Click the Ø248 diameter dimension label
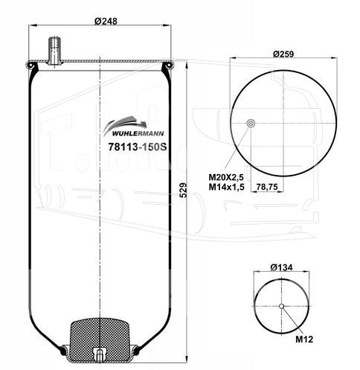tap(106, 22)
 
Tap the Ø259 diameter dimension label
tap(283, 54)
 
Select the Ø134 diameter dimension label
tap(282, 267)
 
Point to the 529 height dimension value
tap(183, 190)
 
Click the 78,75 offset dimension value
tap(267, 187)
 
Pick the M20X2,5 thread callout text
tap(226, 177)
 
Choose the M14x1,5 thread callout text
tap(226, 187)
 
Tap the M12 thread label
tap(304, 339)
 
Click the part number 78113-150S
tap(138, 147)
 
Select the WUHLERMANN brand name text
tap(138, 133)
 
